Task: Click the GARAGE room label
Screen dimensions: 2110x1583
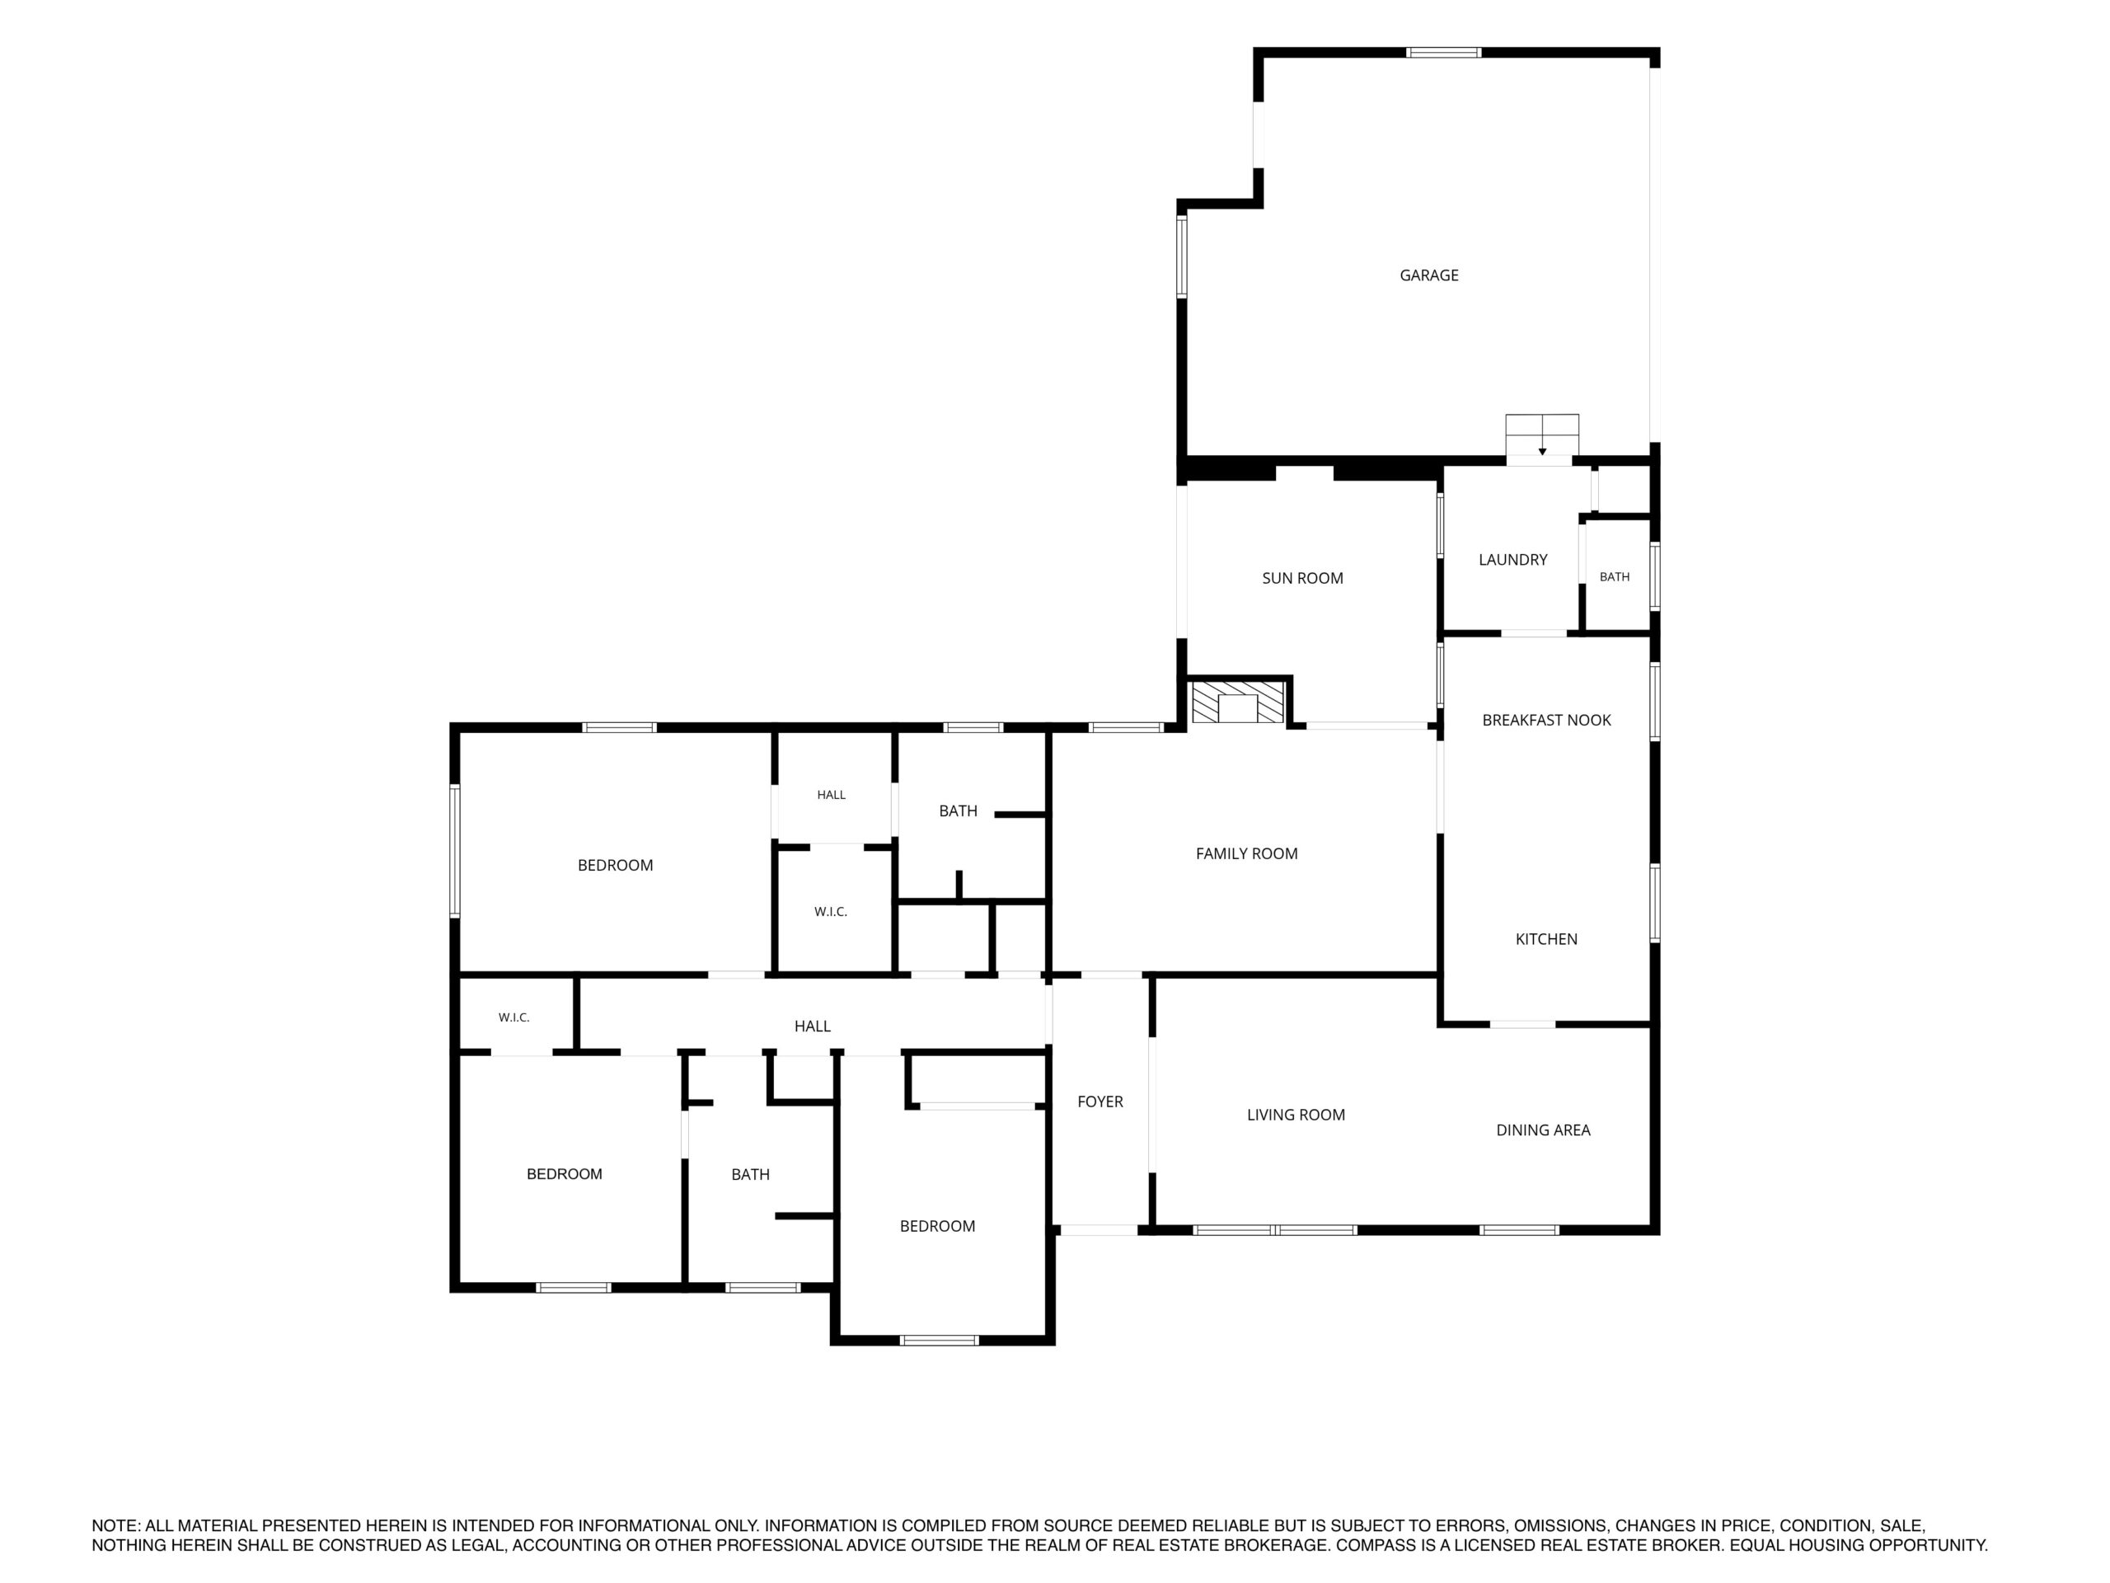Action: [x=1429, y=275]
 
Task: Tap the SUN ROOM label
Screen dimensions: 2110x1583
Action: [x=1302, y=578]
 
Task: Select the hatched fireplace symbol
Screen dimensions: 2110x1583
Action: [x=1238, y=702]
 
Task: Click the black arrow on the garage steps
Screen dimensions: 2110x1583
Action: [x=1542, y=451]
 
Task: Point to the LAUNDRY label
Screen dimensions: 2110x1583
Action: [x=1513, y=560]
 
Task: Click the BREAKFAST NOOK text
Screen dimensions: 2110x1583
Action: [x=1546, y=721]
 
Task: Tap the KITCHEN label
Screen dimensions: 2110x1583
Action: [x=1546, y=940]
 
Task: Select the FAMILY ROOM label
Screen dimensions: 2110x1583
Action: [x=1247, y=854]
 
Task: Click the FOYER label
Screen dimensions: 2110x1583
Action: [x=1100, y=1102]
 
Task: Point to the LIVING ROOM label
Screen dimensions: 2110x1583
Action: [x=1296, y=1116]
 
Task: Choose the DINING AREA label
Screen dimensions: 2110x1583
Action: [x=1544, y=1130]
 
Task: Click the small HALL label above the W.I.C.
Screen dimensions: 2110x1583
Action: [x=831, y=795]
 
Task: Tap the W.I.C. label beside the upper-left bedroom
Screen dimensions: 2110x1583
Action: [x=831, y=912]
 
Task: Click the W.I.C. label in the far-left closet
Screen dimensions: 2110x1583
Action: [x=514, y=1018]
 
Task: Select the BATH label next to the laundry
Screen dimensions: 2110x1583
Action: [x=1615, y=577]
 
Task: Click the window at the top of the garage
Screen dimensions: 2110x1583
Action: [x=1444, y=53]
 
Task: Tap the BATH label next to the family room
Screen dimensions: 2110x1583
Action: [x=958, y=811]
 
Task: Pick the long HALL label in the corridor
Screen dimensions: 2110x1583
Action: [x=813, y=1026]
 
